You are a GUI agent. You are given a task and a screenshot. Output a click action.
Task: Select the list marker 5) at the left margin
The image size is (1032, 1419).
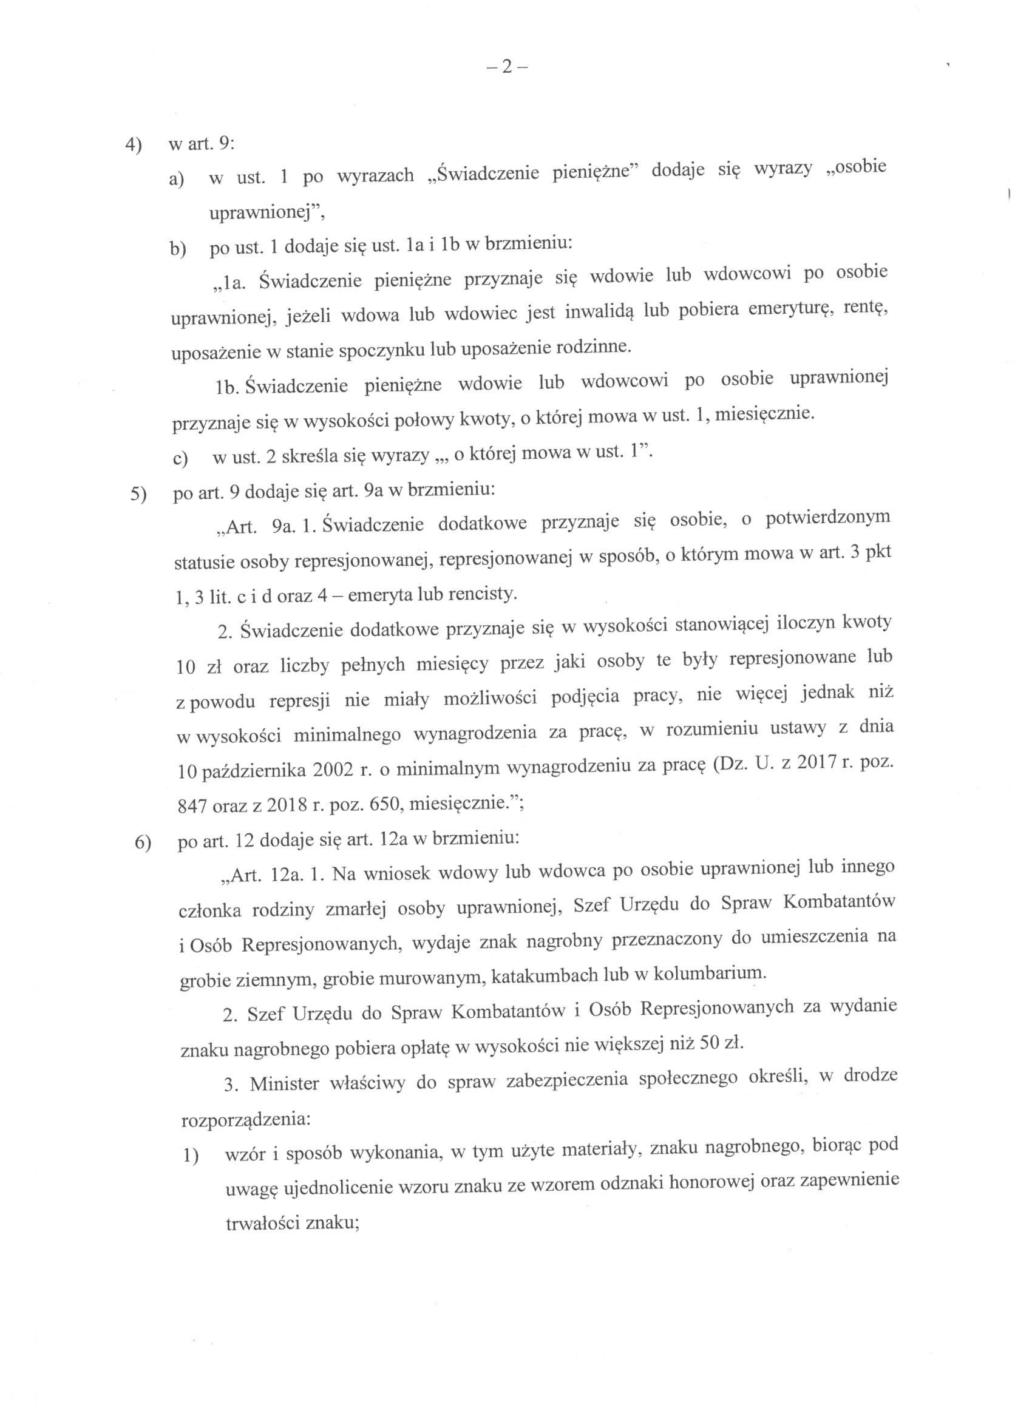[138, 494]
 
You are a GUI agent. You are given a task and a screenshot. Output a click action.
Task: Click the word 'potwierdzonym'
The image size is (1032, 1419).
[827, 519]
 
